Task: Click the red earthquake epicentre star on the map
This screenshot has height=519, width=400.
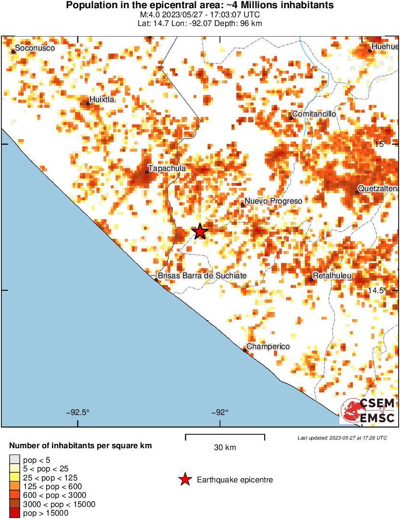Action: (200, 232)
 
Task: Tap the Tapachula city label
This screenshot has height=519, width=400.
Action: (167, 169)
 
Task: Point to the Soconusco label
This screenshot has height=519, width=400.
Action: (35, 48)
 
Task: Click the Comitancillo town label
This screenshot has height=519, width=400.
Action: (313, 114)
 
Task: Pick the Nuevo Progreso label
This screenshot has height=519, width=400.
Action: (273, 201)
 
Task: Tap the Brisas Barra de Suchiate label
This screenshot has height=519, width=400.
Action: (202, 275)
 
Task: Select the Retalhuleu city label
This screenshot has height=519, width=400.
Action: (332, 276)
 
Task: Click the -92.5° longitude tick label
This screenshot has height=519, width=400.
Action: (78, 412)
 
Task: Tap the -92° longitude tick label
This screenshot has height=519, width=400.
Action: (220, 412)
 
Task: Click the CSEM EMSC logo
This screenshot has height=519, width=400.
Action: (368, 411)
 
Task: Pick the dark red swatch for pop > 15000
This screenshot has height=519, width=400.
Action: (14, 513)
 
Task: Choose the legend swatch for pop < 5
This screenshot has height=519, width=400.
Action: (14, 460)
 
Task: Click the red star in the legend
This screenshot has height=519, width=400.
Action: (184, 480)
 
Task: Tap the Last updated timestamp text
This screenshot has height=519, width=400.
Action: (342, 438)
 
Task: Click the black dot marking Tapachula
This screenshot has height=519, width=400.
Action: (147, 172)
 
